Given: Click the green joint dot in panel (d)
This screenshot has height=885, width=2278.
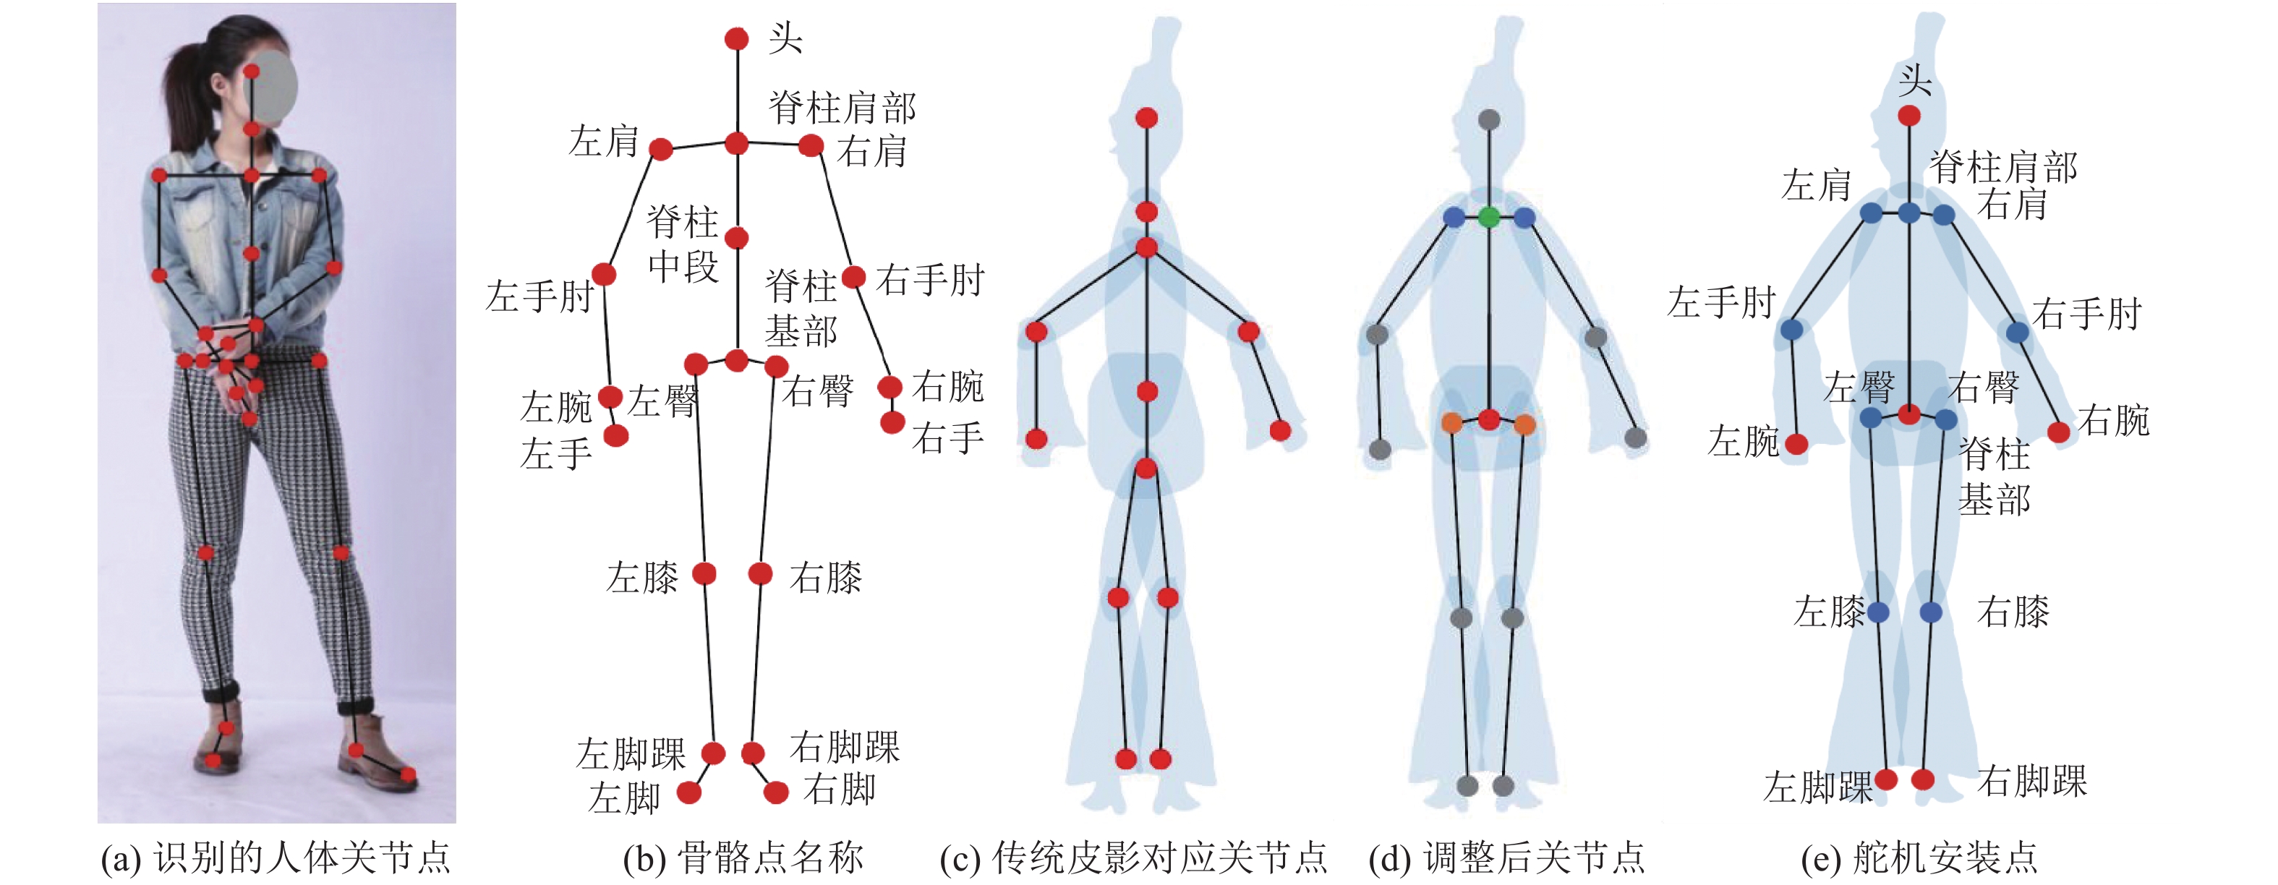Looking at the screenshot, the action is (x=1489, y=217).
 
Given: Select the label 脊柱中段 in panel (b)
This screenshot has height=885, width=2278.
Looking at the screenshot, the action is (x=683, y=243).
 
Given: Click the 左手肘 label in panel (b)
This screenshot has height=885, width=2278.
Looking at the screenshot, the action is (x=539, y=296).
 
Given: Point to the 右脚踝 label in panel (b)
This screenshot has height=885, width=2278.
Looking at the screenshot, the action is (x=844, y=747).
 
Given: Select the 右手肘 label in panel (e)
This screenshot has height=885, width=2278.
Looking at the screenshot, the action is (x=2086, y=314).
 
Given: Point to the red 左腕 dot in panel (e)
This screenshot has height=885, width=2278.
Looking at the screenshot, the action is (x=1796, y=444).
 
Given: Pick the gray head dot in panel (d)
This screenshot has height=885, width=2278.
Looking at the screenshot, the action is (x=1489, y=119).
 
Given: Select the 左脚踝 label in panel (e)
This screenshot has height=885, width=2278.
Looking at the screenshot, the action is (x=1818, y=787).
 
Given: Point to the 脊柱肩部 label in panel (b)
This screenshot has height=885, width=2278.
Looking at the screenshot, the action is (x=842, y=108).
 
